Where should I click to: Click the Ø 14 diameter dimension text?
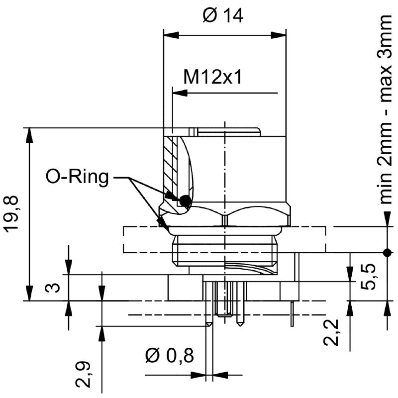(x=223, y=16)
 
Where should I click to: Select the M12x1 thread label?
(x=212, y=77)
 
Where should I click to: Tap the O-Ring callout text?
(x=77, y=177)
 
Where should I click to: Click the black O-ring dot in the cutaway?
(x=185, y=200)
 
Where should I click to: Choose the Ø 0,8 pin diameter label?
(x=169, y=356)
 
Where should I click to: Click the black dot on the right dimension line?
(x=387, y=252)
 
